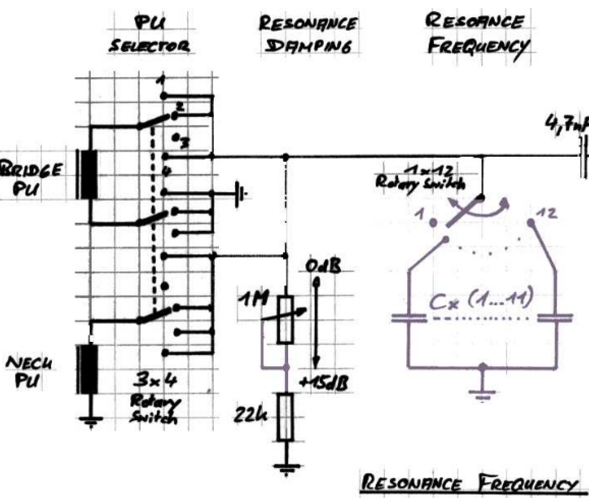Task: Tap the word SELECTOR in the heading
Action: [150, 47]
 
